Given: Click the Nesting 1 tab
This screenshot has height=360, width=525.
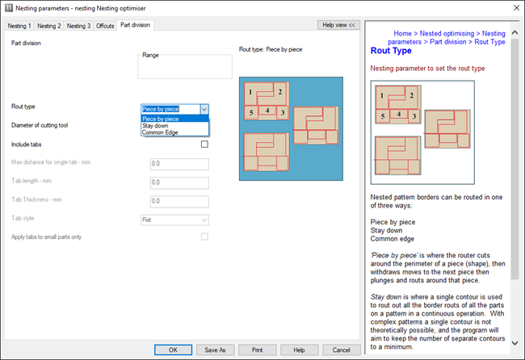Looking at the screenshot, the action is [19, 26].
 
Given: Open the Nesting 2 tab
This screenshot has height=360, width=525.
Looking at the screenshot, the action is [49, 26].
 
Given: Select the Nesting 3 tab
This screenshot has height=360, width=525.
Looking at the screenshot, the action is [78, 26].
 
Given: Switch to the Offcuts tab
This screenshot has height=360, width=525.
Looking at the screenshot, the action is [105, 26].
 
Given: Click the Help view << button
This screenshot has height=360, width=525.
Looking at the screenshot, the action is [338, 25].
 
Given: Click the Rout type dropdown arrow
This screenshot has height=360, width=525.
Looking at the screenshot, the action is [204, 109].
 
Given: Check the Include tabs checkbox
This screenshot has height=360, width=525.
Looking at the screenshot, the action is [204, 144].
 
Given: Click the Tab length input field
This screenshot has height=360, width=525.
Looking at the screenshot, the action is [179, 182].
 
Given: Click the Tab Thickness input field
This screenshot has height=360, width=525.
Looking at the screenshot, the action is [179, 202].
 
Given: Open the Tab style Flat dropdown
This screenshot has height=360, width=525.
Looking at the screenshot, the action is [174, 220].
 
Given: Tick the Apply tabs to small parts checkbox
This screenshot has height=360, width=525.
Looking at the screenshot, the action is [204, 237].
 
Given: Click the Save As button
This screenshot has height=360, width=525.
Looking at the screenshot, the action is [216, 350].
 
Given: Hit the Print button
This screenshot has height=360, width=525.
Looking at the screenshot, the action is [258, 350].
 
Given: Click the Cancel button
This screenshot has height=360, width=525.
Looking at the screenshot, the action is [342, 350].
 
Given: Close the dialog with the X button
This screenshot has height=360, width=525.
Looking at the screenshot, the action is [517, 8].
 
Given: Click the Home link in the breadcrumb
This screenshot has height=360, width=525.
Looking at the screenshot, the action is [402, 33].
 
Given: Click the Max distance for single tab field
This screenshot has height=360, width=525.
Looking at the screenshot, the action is [179, 164].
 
